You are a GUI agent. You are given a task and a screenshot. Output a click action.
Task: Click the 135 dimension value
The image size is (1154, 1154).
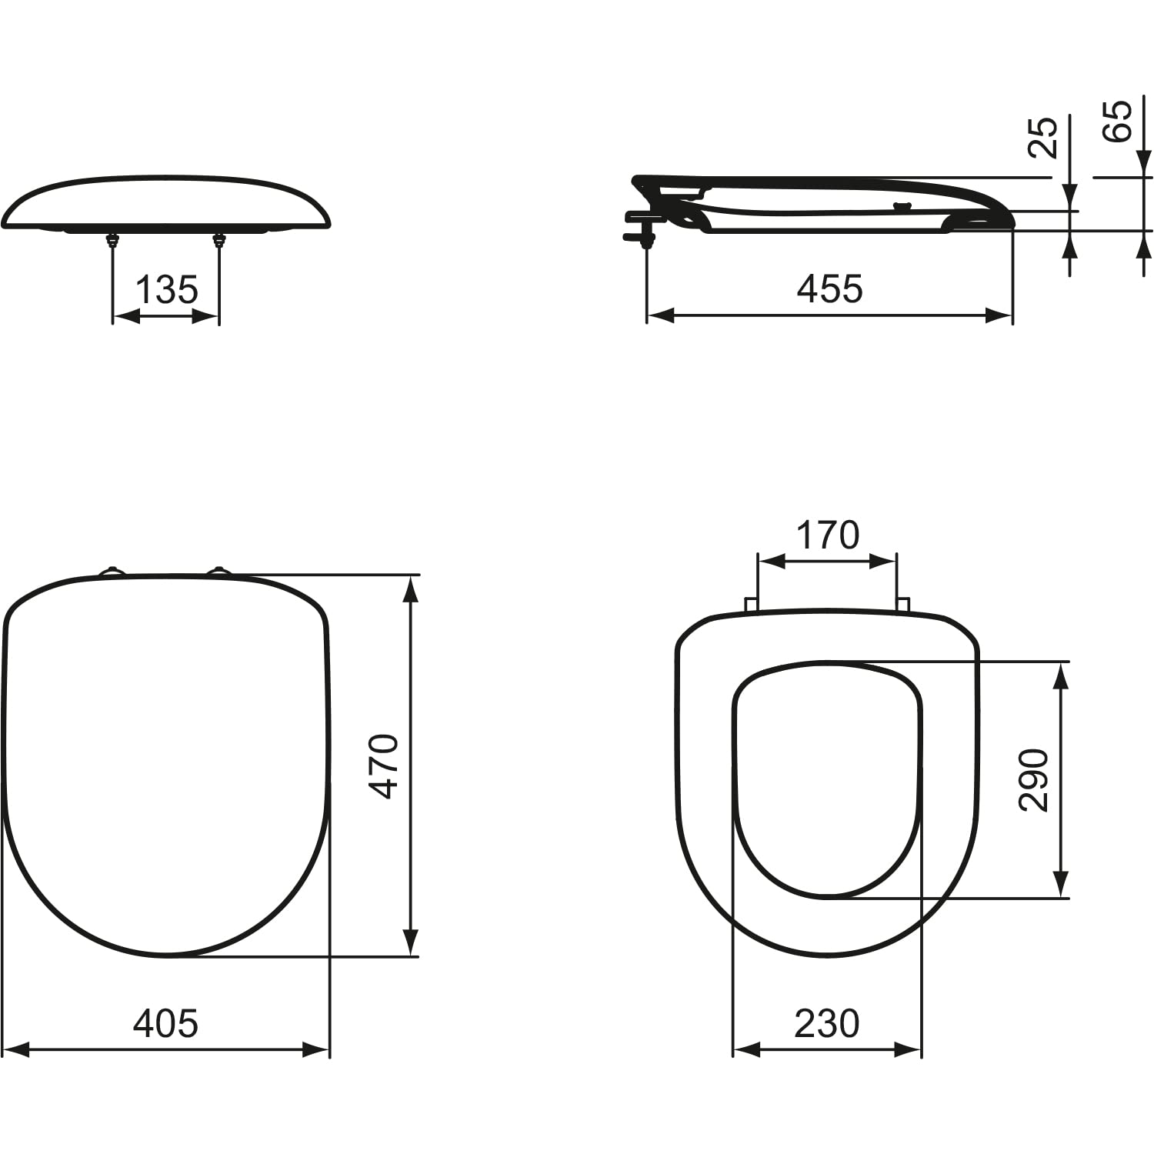click(167, 290)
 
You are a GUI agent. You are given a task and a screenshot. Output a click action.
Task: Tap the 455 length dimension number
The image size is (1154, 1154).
click(830, 289)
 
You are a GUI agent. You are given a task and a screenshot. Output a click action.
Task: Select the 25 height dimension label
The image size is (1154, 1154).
click(1043, 138)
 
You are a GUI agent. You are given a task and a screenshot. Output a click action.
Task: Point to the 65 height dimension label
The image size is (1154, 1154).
click(1118, 121)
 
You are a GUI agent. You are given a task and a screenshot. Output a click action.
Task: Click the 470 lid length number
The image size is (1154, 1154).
click(384, 766)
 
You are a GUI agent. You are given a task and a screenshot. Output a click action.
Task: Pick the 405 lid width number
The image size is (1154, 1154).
click(165, 1023)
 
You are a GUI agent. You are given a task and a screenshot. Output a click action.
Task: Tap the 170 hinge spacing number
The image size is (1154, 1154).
click(827, 535)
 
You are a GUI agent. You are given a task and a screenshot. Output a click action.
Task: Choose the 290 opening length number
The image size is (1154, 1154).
click(1033, 779)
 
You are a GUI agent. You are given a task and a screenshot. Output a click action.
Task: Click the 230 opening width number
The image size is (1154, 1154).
click(827, 1023)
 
